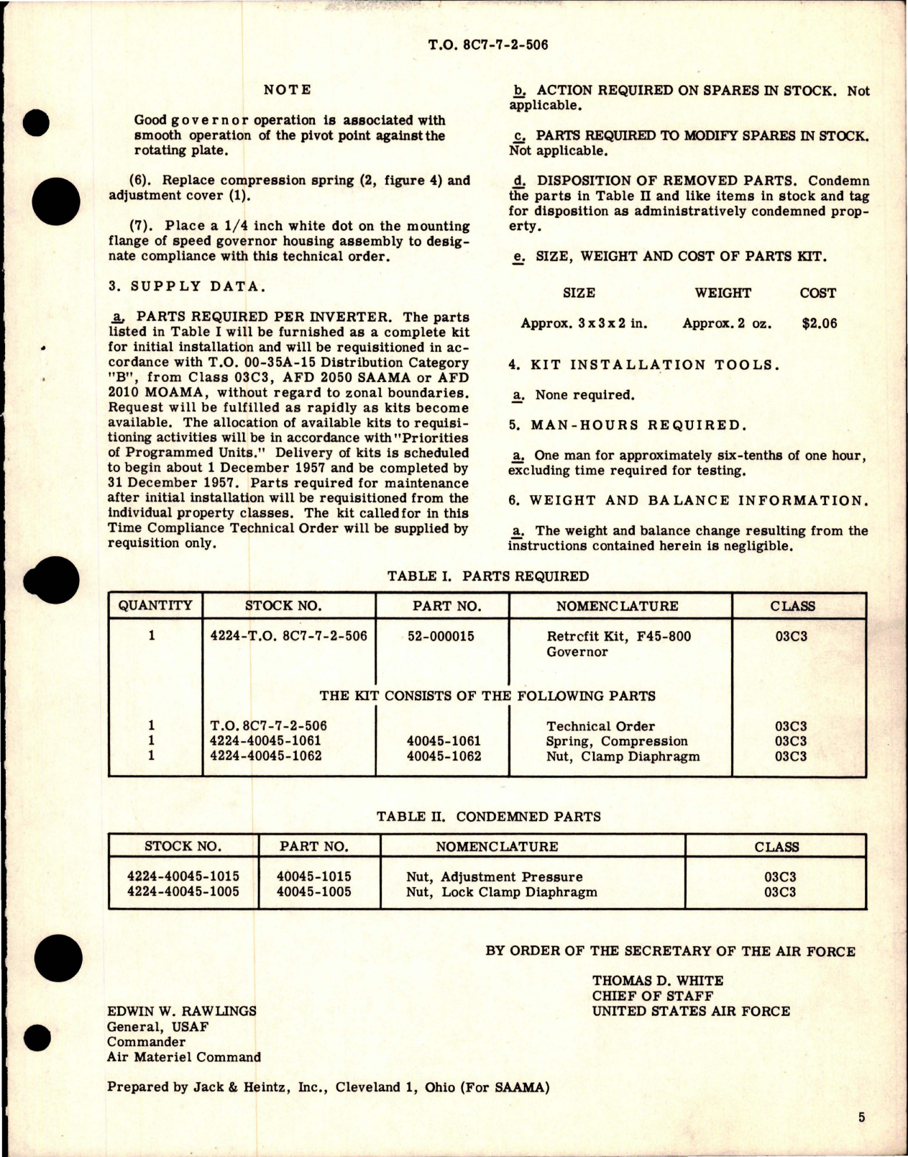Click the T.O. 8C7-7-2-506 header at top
point(487,45)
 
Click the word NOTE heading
point(287,90)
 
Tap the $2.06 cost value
point(819,323)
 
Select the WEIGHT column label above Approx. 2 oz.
point(723,293)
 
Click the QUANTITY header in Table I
point(155,605)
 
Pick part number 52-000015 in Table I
point(441,636)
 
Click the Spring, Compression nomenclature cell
point(617,741)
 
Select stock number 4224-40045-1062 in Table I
point(265,756)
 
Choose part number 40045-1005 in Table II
point(314,892)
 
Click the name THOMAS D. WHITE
point(658,980)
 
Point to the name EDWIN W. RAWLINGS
point(182,1010)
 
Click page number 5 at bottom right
point(861,1117)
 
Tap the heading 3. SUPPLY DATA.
point(186,286)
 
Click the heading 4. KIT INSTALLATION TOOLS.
point(643,365)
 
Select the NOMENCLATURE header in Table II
point(497,847)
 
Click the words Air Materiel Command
point(184,1057)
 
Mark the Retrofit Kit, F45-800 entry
point(608,636)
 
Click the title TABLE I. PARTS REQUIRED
point(487,576)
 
